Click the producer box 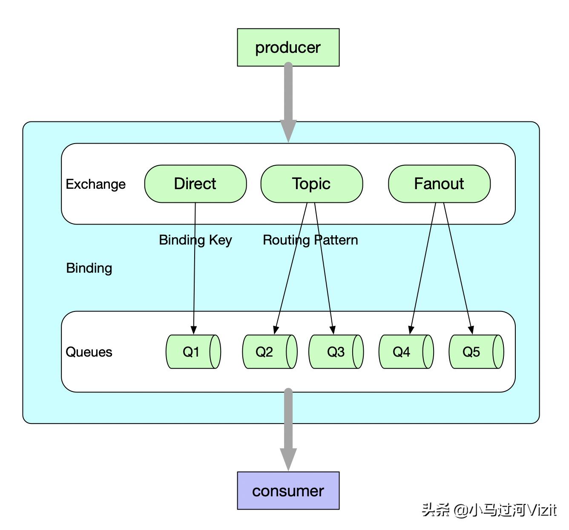(x=288, y=47)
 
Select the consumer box (x=288, y=490)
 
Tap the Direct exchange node (x=195, y=184)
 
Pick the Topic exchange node (x=311, y=184)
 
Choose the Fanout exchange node (x=439, y=184)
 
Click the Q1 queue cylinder (x=193, y=351)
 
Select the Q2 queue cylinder (x=270, y=351)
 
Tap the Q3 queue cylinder (x=336, y=351)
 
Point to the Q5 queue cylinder (x=476, y=351)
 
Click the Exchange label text (x=96, y=184)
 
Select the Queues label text (x=89, y=352)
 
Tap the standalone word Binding (x=89, y=268)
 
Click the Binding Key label (x=195, y=240)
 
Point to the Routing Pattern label (x=310, y=240)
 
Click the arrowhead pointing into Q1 (x=194, y=330)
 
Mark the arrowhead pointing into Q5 (x=471, y=329)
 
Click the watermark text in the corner (x=489, y=510)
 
